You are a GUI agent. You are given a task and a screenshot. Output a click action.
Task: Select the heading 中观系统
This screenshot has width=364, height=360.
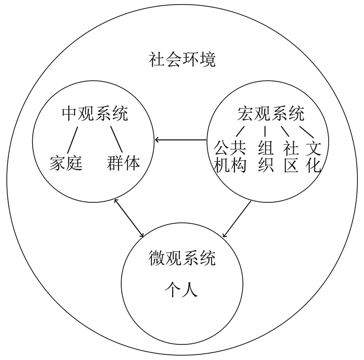(95, 114)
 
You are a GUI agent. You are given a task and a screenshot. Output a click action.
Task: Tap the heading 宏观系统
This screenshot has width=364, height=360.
(271, 114)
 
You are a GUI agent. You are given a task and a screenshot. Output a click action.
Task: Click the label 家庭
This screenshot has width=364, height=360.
(66, 163)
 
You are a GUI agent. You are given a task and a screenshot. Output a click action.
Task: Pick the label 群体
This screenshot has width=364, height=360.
(124, 163)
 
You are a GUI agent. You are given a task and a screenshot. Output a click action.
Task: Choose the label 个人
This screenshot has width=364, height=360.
(181, 289)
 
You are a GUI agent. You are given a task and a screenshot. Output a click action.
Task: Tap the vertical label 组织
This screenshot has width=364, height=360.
(266, 157)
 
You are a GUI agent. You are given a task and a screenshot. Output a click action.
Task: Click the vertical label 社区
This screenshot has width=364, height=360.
(290, 157)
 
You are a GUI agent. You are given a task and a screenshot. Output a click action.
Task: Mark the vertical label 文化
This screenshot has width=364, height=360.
(314, 157)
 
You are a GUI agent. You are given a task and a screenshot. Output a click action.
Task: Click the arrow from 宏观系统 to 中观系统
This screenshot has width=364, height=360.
(181, 140)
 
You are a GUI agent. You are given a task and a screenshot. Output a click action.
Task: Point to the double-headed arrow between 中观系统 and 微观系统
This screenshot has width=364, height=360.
(129, 217)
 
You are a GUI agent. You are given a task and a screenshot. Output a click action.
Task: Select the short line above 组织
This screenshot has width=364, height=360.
(265, 130)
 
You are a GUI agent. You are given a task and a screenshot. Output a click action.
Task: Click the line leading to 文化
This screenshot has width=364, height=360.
(307, 130)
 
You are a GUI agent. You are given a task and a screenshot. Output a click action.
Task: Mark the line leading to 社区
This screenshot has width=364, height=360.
(285, 130)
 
